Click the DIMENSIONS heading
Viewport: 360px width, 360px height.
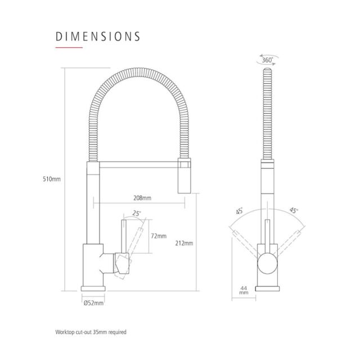click(98, 37)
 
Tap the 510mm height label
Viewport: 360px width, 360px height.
click(52, 179)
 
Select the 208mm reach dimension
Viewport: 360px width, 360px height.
click(142, 198)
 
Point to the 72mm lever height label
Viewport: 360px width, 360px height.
click(159, 236)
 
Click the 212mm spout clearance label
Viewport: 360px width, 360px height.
click(184, 243)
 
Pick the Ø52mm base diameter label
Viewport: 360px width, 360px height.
click(93, 303)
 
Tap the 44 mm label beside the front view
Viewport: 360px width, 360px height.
click(244, 290)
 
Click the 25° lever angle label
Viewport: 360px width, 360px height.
click(136, 214)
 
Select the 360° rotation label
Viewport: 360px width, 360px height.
click(268, 60)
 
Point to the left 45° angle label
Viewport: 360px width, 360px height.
click(239, 211)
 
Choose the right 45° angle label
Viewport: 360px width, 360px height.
click(294, 210)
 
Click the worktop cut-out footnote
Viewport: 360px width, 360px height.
click(91, 332)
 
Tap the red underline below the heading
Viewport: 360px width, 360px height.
click(69, 47)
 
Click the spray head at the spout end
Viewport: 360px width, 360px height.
click(184, 175)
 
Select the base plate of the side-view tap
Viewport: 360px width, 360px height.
click(93, 289)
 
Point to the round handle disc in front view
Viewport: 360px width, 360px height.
click(268, 264)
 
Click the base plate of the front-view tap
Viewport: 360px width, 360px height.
click(268, 289)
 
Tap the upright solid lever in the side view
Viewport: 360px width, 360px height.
click(124, 236)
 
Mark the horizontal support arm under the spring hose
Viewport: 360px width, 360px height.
click(139, 165)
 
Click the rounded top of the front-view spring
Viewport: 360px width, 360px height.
click(268, 69)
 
